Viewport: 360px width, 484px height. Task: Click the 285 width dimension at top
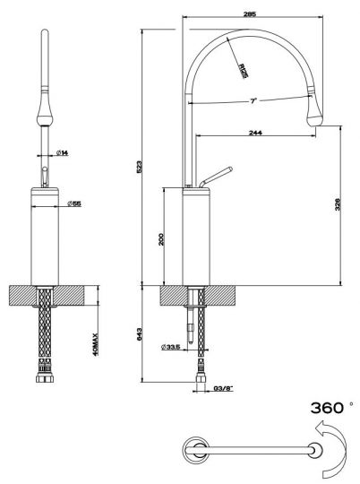(x=250, y=13)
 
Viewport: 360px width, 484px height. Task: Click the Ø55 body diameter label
(x=75, y=203)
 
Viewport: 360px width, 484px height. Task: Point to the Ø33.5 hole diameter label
(x=173, y=347)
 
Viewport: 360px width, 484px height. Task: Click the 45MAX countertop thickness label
(x=97, y=342)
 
